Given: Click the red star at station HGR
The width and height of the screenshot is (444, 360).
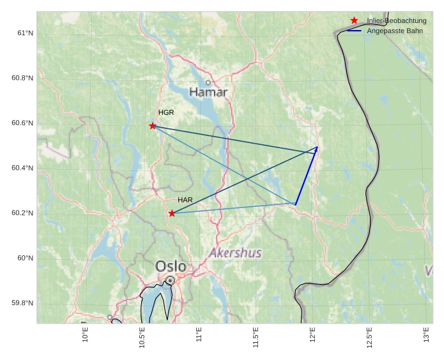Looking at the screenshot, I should coord(153,126).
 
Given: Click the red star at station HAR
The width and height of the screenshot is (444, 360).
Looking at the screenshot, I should coord(172,213).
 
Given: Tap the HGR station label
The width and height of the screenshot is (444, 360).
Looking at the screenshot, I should coord(166,112).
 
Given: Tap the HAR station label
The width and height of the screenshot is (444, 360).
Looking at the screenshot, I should coord(185,200).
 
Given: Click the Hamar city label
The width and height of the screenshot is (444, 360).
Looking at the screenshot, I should coord(208,93).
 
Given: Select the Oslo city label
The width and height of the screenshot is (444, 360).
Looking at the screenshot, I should coord(171,266).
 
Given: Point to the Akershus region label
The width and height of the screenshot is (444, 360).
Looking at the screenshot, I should coord(235,253).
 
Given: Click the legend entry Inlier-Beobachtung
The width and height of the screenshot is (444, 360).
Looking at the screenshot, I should coord(396,21).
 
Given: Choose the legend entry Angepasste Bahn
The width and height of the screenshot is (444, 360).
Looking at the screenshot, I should coord(394,31).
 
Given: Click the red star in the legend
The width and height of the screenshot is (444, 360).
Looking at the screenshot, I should coord(355,20).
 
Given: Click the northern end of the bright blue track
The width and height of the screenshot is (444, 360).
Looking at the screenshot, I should coord(318,147).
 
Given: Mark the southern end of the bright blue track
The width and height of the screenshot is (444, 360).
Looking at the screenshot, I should coord(295,204).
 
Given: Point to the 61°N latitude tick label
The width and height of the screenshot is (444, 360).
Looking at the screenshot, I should coord(25,33).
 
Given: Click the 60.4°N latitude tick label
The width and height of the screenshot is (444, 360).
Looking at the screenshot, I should coord(23,168).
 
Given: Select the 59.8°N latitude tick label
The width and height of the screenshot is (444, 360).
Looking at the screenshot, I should coord(23,303).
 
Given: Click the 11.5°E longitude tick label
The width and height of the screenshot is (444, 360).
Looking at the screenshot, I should coord(256,336).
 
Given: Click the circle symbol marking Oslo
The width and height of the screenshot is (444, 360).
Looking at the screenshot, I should coord(170,280).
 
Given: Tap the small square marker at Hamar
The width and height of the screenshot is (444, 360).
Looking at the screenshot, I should coord(208,82).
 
